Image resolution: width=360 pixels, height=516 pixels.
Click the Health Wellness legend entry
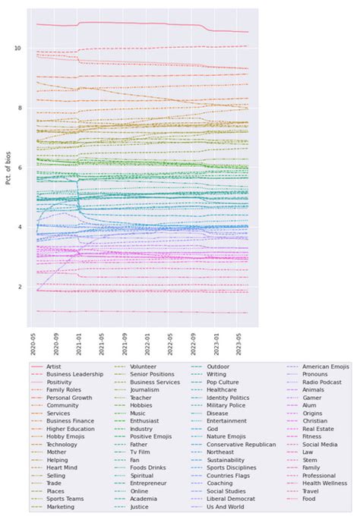click(329, 484)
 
